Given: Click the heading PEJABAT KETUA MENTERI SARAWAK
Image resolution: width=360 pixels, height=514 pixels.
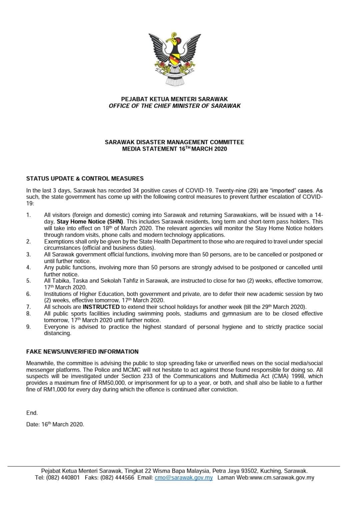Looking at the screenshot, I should (174, 99).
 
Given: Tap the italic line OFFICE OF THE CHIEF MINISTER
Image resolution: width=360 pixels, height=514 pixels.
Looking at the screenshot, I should (174, 106).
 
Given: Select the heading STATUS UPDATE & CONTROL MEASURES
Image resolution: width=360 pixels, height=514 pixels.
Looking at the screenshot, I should (85, 178).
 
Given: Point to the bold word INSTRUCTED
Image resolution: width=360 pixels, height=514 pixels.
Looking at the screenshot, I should (101, 307).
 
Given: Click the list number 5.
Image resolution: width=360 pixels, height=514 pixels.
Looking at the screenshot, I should (28, 281).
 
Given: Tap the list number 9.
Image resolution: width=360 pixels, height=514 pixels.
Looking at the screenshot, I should (28, 327).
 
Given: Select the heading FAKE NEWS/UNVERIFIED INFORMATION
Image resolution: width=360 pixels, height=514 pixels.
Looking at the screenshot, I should (82, 351).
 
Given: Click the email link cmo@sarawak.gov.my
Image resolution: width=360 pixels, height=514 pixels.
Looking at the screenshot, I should (184, 478).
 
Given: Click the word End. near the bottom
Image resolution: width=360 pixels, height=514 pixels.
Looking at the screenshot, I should (32, 413).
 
